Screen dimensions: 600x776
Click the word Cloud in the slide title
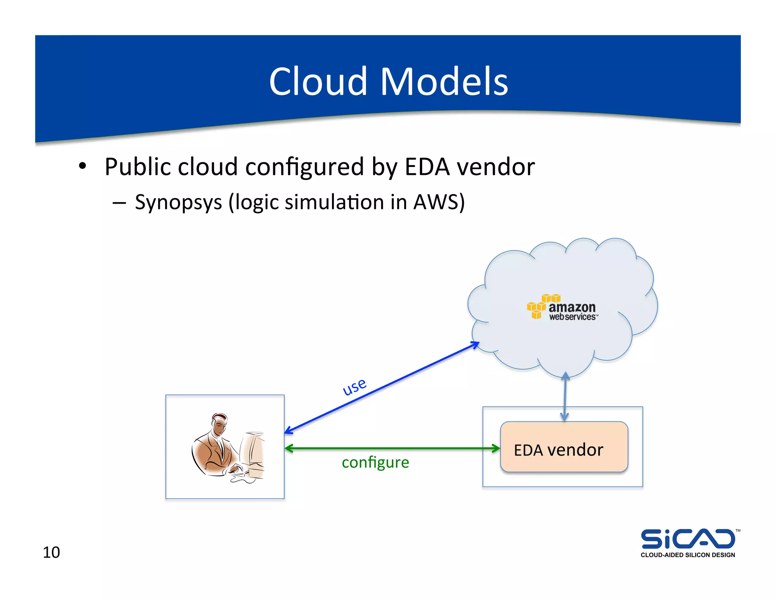(318, 81)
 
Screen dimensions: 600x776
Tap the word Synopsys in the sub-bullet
(178, 202)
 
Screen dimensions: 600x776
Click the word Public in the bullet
(139, 167)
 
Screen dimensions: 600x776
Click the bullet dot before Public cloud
(83, 166)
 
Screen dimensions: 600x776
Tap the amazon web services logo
(563, 308)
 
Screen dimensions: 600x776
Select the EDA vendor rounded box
(564, 447)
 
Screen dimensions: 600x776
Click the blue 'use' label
(354, 386)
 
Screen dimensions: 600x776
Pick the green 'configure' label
(375, 462)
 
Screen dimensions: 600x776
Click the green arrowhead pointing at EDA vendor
(496, 449)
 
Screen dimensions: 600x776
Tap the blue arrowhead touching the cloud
(475, 344)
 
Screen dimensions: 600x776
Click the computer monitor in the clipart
(253, 451)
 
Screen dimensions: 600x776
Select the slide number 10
(51, 552)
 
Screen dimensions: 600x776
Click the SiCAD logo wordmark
(688, 539)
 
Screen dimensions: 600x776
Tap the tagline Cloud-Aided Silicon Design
(688, 555)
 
